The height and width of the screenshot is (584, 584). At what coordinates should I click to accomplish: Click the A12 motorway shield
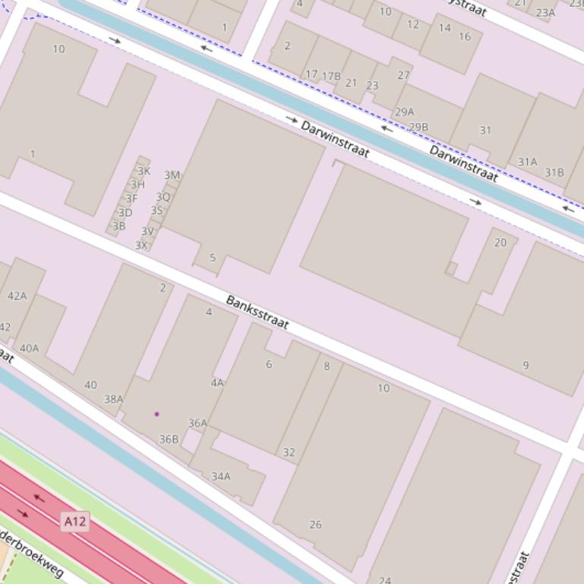click(x=74, y=521)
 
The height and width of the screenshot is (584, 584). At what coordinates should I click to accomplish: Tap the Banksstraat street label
click(x=257, y=312)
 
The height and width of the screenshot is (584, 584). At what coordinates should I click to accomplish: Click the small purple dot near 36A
click(x=156, y=414)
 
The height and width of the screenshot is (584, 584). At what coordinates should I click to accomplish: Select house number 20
click(x=500, y=243)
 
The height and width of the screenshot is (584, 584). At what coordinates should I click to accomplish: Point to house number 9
click(x=526, y=366)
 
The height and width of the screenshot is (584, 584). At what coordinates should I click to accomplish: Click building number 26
click(x=315, y=524)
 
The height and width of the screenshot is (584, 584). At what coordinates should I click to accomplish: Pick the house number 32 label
click(x=289, y=453)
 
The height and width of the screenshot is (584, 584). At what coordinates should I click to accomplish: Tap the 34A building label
click(x=220, y=476)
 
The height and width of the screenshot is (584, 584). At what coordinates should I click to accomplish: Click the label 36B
click(x=169, y=439)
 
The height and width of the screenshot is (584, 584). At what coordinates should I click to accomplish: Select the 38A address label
click(x=113, y=399)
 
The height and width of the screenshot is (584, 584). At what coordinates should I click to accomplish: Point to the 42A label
click(x=17, y=296)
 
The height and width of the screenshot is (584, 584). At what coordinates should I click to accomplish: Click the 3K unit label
click(x=144, y=171)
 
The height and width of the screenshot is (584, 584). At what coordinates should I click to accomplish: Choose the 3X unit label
click(x=140, y=245)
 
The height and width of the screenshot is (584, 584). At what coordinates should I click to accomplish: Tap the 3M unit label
click(x=172, y=175)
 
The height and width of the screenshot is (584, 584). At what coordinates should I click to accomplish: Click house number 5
click(x=213, y=258)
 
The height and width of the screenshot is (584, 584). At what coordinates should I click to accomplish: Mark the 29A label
click(x=405, y=112)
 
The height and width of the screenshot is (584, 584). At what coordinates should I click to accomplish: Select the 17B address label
click(x=331, y=76)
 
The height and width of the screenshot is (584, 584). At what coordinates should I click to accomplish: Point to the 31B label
click(x=554, y=172)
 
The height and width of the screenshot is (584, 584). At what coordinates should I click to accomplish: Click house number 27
click(x=403, y=75)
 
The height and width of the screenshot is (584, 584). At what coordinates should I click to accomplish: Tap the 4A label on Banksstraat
click(x=217, y=383)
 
